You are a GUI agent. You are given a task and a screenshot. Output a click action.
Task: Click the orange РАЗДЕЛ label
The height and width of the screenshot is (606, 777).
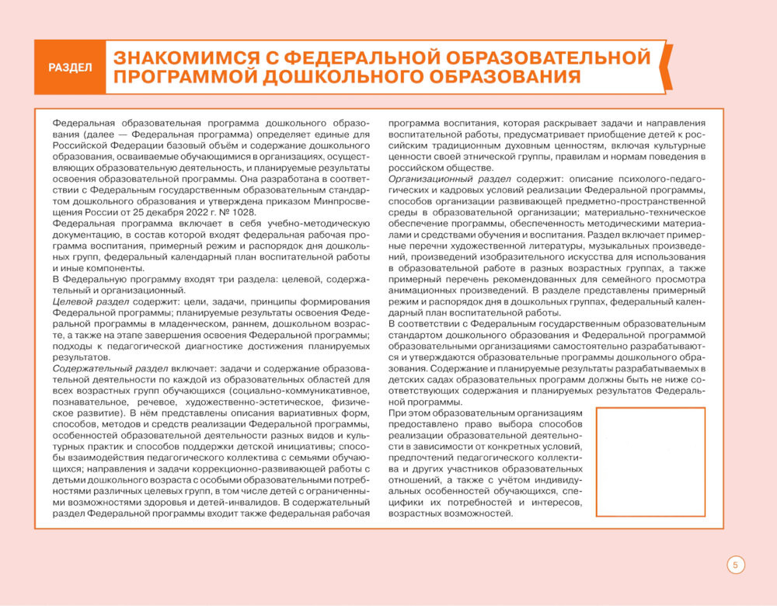coord(70,68)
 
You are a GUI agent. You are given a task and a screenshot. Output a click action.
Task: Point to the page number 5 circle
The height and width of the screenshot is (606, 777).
coord(735,565)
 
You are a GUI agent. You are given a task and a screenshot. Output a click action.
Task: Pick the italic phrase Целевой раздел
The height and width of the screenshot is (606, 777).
coord(85,301)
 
